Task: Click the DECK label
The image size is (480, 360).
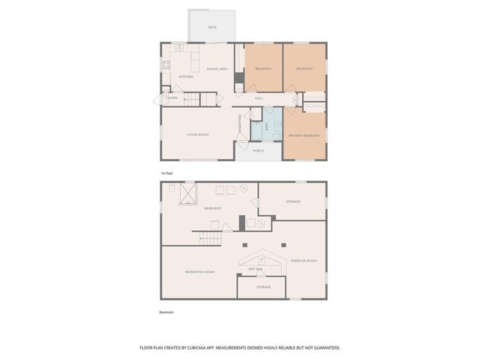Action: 212,27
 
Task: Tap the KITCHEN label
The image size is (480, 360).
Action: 186,76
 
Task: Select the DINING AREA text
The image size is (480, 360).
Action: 217,69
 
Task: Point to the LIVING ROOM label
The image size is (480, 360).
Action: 197,134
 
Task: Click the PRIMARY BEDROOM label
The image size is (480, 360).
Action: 304,135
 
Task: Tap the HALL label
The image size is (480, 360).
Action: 259,98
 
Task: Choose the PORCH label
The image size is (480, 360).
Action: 258,151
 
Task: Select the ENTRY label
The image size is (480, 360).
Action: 172,97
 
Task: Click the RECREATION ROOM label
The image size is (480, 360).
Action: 199,271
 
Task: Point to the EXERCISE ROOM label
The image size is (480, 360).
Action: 304,260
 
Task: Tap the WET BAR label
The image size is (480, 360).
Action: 255,268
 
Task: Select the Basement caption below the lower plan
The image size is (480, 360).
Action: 166,312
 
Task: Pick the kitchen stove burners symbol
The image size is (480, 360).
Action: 166,64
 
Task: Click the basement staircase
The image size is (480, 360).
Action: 213,238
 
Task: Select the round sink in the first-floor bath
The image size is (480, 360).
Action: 277,122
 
